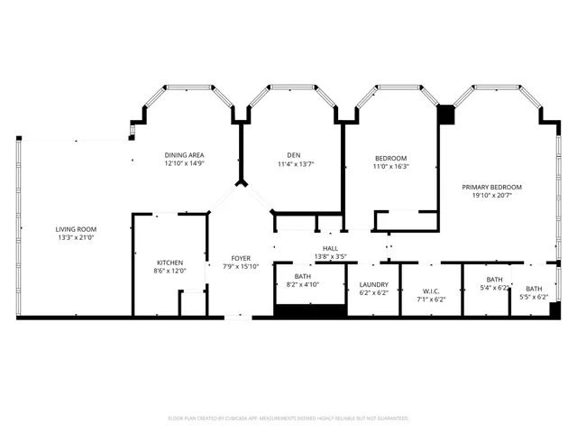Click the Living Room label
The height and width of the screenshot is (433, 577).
(x=75, y=229)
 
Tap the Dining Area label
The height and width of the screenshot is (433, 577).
(x=184, y=155)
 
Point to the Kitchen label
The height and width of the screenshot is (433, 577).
(x=170, y=263)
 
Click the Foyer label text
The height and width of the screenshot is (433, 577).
(x=241, y=257)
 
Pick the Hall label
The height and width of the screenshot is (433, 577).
(x=330, y=248)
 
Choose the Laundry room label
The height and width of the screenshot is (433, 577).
(x=373, y=284)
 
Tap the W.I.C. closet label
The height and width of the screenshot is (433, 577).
(x=430, y=290)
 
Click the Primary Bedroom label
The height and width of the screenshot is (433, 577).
(x=491, y=188)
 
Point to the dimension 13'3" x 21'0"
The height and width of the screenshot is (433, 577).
(x=75, y=238)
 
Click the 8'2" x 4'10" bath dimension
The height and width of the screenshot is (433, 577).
(x=304, y=285)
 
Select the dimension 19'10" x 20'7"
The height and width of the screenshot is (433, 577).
(x=491, y=197)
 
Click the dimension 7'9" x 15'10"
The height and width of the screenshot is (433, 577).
(x=241, y=266)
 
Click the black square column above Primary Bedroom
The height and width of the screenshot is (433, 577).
(x=444, y=115)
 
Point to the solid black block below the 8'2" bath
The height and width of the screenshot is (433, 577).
(x=310, y=311)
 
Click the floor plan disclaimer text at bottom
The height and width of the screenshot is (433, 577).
(x=288, y=418)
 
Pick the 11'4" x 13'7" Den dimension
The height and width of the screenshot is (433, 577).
(x=295, y=164)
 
